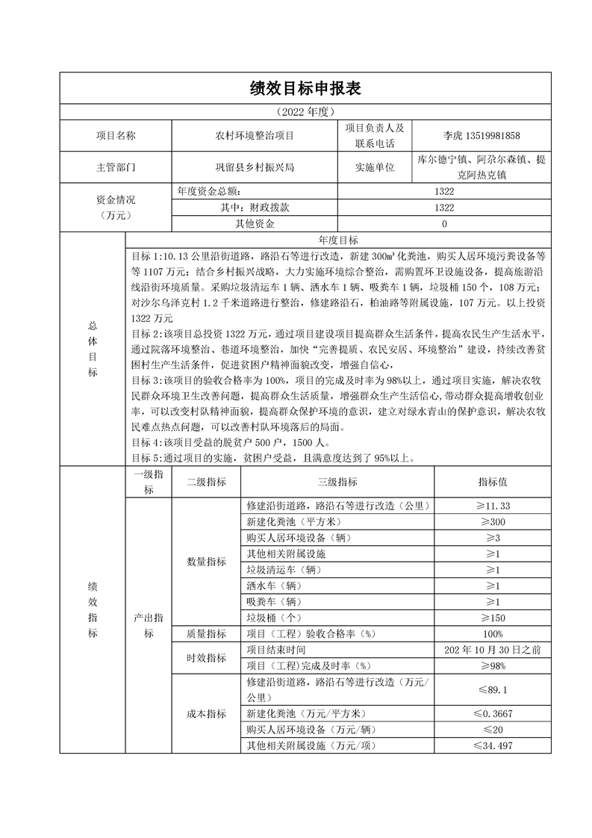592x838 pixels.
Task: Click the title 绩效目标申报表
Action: (x=305, y=89)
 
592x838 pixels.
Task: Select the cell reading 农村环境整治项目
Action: (x=255, y=136)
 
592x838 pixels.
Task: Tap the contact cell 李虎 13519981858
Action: (x=482, y=136)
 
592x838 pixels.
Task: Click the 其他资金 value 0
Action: (x=444, y=223)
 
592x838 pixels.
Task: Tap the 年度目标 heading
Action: (x=338, y=240)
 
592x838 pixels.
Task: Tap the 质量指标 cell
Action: (x=206, y=633)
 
